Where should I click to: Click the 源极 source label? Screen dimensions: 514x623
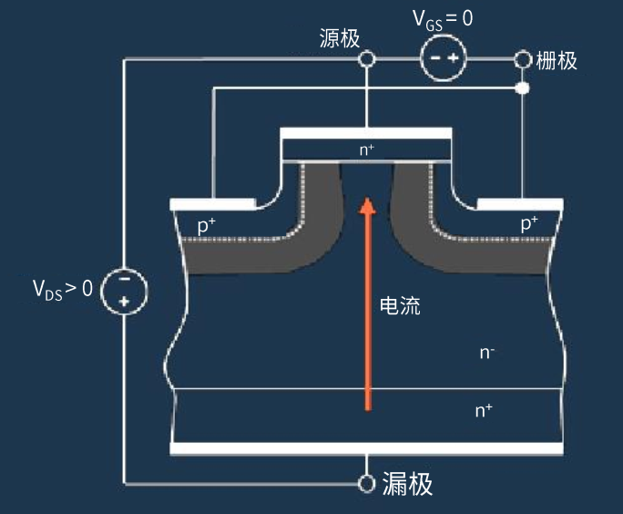pos(340,38)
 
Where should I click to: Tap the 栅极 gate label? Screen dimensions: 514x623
pos(557,61)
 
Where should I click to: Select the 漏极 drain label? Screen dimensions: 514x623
pos(407,483)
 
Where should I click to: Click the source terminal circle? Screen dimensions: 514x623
pos(366,60)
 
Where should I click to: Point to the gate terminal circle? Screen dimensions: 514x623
pos(523,60)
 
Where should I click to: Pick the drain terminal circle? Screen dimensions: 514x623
pos(367,483)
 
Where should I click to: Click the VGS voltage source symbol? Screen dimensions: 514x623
pos(444,60)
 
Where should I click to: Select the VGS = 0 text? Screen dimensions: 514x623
pos(444,17)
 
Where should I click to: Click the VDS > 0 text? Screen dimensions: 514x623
pos(63,290)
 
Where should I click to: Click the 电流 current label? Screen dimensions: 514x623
pos(400,306)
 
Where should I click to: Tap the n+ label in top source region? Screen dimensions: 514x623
pos(367,149)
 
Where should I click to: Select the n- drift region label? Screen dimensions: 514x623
pos(487,352)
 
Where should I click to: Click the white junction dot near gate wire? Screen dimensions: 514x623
pos(523,89)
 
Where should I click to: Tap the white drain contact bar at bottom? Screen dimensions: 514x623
pos(366,447)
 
